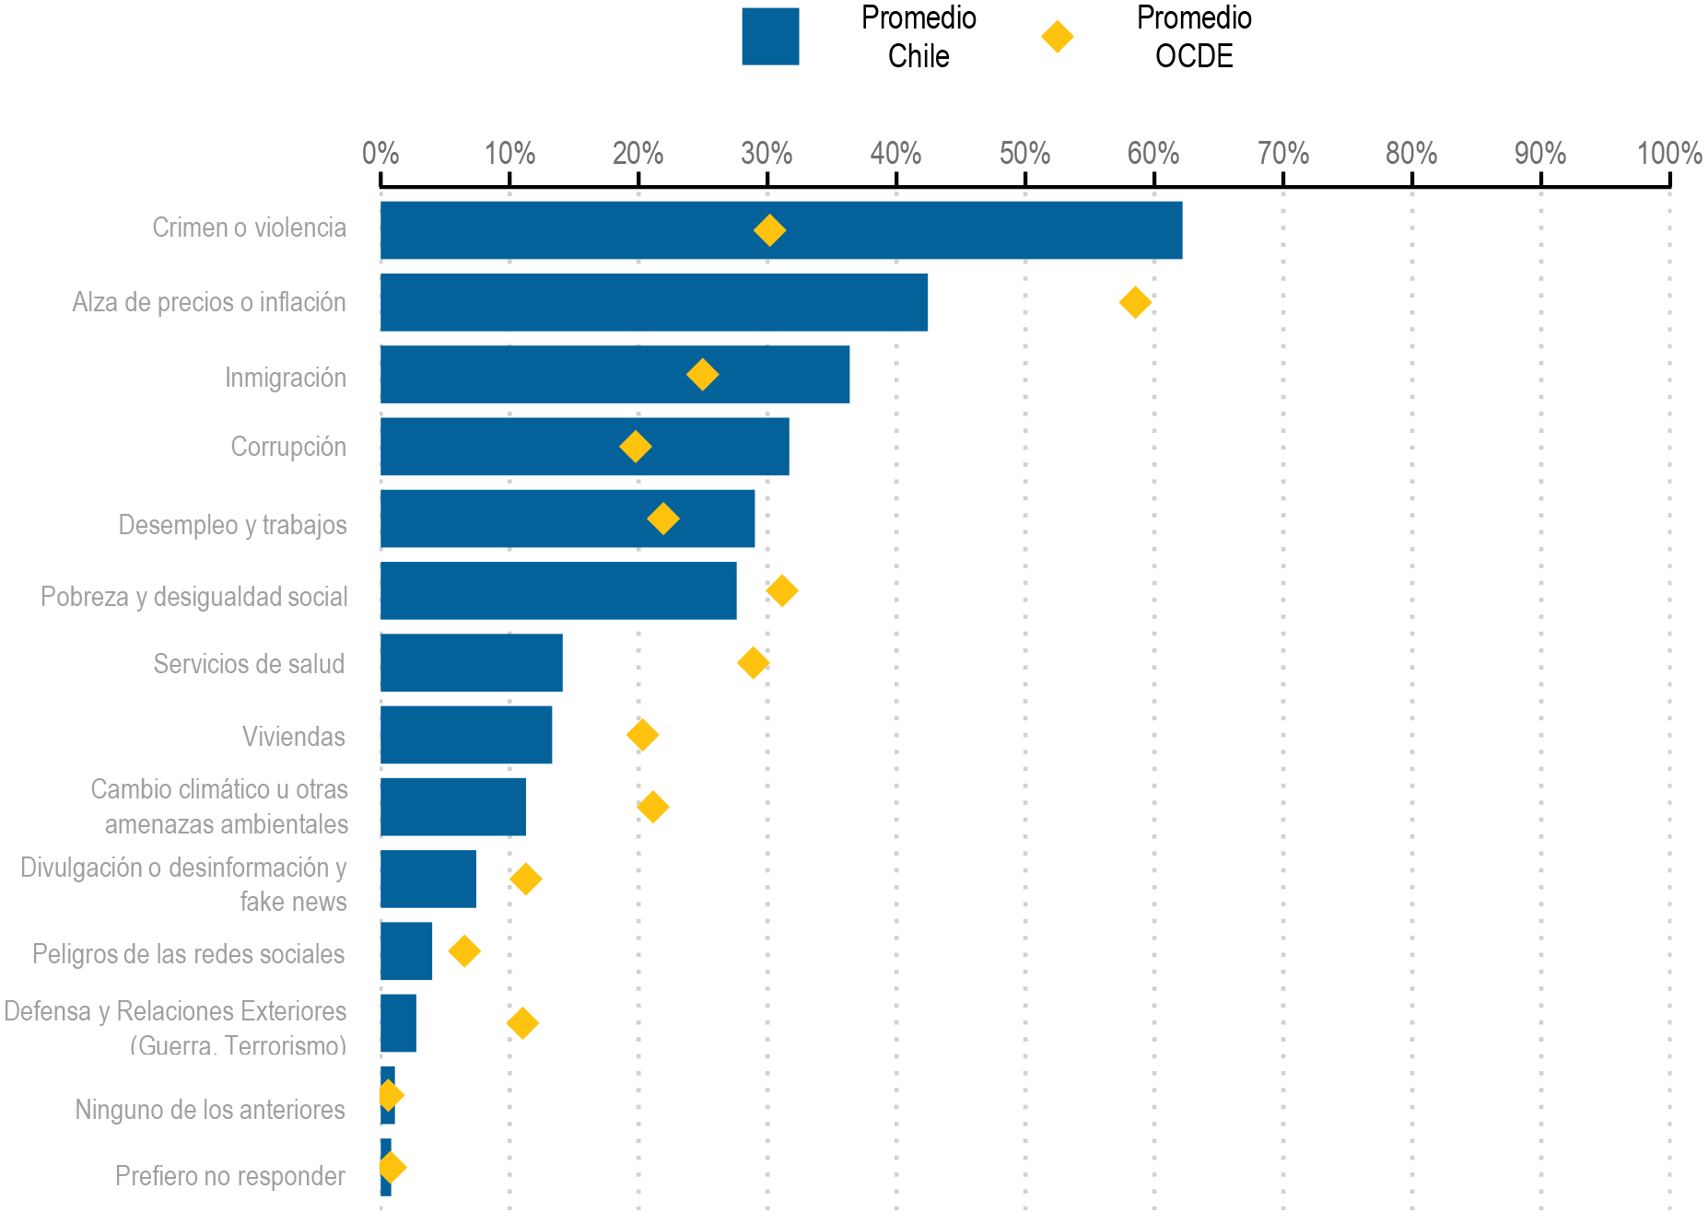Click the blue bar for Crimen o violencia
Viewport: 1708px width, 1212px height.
781,230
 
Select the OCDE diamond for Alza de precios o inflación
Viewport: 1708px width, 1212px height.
1135,302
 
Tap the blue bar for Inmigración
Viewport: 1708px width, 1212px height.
614,374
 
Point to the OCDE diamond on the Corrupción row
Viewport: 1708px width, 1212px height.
635,447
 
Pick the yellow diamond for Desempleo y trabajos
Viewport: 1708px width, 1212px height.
663,519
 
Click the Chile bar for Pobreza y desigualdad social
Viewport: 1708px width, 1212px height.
558,590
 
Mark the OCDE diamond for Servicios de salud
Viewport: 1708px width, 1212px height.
754,662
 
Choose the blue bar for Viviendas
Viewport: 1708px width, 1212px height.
466,735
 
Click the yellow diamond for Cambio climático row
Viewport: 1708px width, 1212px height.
652,807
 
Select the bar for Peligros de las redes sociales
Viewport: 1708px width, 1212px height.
406,950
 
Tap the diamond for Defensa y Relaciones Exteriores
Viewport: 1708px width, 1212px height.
522,1023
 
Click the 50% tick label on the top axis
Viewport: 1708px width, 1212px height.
1024,153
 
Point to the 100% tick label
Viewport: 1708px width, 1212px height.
1668,153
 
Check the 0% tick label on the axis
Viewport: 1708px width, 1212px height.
380,153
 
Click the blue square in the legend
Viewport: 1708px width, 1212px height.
770,37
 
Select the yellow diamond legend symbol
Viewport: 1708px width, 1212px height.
1057,37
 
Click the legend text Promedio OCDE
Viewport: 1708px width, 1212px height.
1194,37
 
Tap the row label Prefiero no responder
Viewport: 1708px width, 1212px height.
230,1176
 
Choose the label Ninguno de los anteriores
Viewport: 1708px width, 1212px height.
210,1110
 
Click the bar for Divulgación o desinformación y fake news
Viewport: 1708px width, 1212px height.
428,879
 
